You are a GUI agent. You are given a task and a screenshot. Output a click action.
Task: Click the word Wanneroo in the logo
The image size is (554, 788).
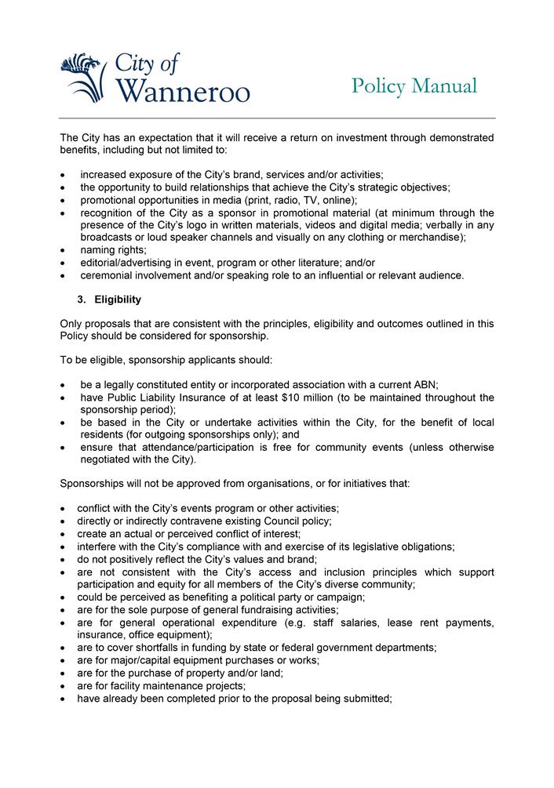coord(183,92)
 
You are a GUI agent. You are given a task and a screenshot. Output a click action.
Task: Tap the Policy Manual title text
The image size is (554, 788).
coord(414,85)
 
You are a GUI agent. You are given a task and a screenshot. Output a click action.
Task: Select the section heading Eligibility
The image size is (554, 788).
coord(118,300)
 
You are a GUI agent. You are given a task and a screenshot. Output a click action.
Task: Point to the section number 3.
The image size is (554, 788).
coord(82,300)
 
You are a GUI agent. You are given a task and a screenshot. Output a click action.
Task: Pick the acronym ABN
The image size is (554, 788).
coord(425,384)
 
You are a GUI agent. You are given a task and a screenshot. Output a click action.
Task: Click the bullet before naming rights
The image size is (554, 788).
coord(63,250)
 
